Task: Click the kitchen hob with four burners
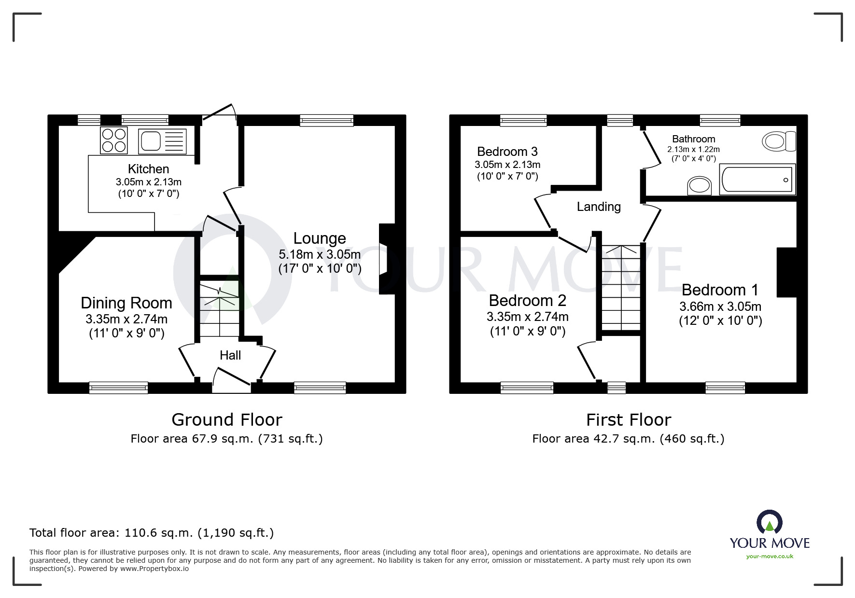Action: tap(114, 140)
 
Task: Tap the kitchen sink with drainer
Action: tap(162, 141)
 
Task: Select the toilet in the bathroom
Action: tap(779, 141)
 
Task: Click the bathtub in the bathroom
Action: tap(757, 180)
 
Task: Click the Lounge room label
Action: tap(320, 238)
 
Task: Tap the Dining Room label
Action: tap(126, 303)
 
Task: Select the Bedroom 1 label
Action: tap(720, 290)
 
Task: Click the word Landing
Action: tap(599, 207)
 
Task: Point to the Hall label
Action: tap(230, 356)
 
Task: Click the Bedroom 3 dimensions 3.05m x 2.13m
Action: tap(507, 165)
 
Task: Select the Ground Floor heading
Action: tap(227, 420)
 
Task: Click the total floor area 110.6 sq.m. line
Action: tap(152, 533)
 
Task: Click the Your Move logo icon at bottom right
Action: tap(769, 523)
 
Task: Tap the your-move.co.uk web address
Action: tap(770, 556)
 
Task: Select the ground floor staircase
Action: tap(220, 309)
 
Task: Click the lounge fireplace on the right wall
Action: tap(387, 259)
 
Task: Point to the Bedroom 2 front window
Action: tap(527, 388)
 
